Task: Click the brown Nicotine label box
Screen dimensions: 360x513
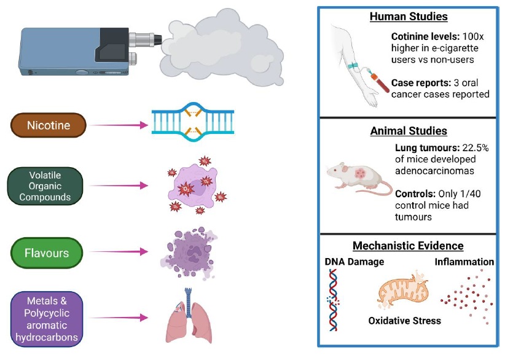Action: (x=48, y=126)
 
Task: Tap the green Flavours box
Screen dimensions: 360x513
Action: (x=47, y=252)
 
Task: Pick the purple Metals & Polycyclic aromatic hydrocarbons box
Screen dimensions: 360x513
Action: (x=47, y=318)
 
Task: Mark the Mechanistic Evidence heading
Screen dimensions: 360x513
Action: (x=408, y=246)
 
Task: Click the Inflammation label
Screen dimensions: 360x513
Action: (x=464, y=262)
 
